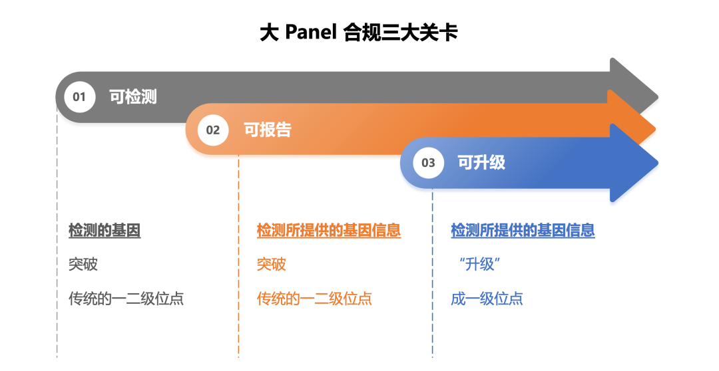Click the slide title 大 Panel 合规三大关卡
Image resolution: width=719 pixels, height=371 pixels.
[359, 33]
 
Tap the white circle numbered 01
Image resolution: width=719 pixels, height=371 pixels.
[79, 96]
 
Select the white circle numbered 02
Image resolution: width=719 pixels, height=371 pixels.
[213, 130]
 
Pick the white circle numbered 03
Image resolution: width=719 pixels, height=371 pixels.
[428, 163]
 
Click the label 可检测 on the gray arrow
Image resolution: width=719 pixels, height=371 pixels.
[133, 96]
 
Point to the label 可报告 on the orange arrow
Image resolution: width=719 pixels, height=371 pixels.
[268, 130]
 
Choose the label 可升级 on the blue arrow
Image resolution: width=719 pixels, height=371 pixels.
[481, 163]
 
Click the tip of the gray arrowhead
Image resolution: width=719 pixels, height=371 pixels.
[658, 98]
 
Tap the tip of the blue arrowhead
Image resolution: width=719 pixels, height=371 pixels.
[658, 163]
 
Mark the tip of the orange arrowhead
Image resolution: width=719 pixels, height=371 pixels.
[656, 130]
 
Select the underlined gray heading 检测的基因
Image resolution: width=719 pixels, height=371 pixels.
[105, 231]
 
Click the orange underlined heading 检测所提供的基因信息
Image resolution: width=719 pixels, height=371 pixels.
[329, 231]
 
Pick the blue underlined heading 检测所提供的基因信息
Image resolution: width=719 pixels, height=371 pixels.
[523, 231]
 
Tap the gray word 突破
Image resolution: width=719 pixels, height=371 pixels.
[83, 264]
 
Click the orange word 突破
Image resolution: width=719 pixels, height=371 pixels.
[272, 264]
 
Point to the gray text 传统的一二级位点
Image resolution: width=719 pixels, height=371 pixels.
[126, 299]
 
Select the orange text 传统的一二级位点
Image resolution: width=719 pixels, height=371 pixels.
[314, 299]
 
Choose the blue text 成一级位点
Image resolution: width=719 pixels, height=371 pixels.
[487, 299]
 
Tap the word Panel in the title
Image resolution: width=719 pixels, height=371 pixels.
[311, 33]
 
